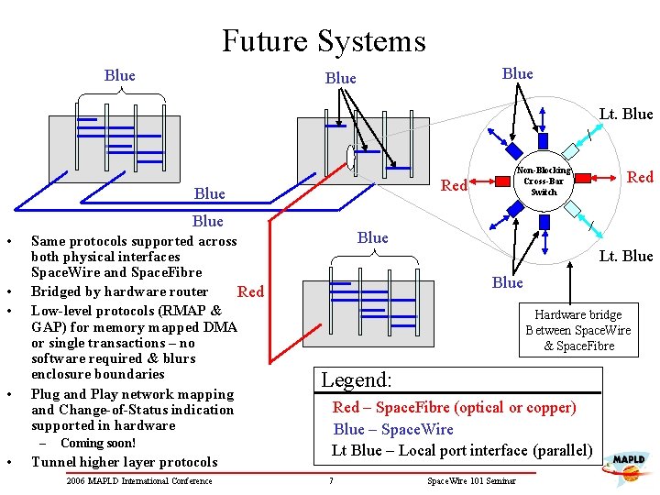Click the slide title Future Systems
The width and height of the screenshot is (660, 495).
324,41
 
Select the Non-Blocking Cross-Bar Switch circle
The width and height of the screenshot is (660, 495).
543,181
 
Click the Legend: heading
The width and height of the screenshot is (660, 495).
357,379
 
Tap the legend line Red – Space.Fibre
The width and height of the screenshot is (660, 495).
454,408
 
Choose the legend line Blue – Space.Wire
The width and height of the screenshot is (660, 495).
393,429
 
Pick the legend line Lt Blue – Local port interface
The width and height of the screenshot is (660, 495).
461,450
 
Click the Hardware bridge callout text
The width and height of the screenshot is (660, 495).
577,330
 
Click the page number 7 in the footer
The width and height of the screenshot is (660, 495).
330,481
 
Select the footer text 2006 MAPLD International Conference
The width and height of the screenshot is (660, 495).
139,481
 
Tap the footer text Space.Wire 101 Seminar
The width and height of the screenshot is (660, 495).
471,481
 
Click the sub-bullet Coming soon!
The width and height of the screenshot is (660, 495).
98,444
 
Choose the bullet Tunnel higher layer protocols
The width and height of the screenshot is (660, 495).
124,462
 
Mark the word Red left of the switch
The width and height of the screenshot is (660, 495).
455,186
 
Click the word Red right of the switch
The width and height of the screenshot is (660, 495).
639,177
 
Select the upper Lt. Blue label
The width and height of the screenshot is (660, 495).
625,115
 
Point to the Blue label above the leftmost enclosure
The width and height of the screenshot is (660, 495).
120,76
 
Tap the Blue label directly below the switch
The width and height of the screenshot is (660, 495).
507,282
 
